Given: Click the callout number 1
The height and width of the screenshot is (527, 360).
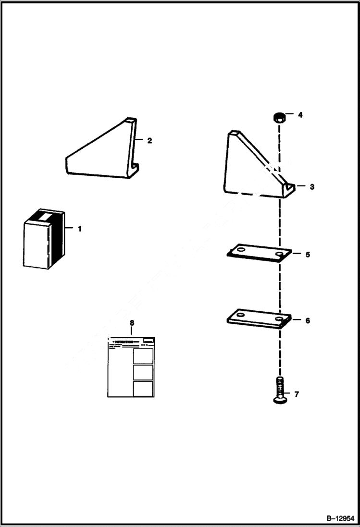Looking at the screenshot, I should click(80, 229).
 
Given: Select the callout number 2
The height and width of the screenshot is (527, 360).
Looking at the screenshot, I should click(149, 140).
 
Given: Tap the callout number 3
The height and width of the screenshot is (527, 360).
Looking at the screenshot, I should click(311, 187).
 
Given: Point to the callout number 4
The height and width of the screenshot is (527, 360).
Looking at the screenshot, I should click(300, 115).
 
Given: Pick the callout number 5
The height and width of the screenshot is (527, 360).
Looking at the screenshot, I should click(308, 254).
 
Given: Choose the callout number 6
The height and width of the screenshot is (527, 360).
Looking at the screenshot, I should click(308, 320).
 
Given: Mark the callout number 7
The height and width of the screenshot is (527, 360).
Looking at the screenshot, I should click(296, 394).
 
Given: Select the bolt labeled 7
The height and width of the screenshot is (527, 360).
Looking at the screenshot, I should click(278, 391).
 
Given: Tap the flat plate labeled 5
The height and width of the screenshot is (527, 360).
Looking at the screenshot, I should click(259, 253).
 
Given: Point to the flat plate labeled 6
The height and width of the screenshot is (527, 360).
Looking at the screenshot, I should click(259, 319).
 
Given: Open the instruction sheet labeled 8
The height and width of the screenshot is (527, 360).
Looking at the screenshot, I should click(130, 367).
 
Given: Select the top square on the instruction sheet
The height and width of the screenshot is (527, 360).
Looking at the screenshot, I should click(143, 356).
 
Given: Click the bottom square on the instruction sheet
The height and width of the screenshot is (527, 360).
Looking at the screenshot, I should click(143, 389).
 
